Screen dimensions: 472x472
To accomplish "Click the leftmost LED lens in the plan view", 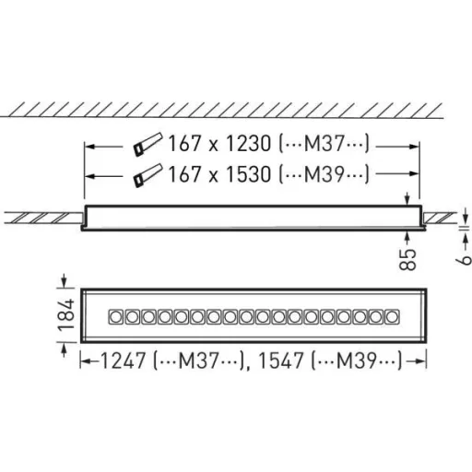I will (x=117, y=316).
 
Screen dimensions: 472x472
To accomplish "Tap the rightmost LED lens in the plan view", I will (x=393, y=316).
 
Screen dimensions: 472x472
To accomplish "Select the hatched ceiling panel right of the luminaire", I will (x=441, y=218).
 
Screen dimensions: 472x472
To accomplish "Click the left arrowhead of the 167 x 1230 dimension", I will (x=89, y=145).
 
